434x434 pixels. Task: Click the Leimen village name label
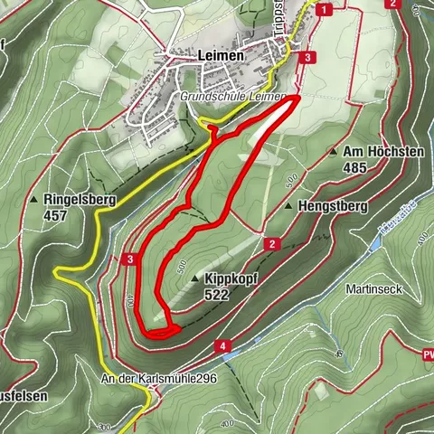pyautogui.click(x=218, y=55)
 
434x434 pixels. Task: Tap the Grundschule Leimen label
pyautogui.click(x=232, y=96)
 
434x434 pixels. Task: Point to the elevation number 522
pyautogui.click(x=217, y=295)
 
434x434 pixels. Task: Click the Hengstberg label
pyautogui.click(x=334, y=206)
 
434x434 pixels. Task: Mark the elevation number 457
pyautogui.click(x=56, y=216)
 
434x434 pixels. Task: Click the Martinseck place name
pyautogui.click(x=372, y=289)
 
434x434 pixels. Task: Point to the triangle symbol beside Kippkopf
pyautogui.click(x=194, y=280)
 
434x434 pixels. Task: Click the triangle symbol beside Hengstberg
pyautogui.click(x=288, y=206)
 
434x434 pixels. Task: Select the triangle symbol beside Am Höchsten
pyautogui.click(x=333, y=152)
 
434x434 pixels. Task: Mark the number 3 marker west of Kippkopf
pyautogui.click(x=131, y=260)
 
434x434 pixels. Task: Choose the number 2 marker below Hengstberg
pyautogui.click(x=270, y=243)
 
